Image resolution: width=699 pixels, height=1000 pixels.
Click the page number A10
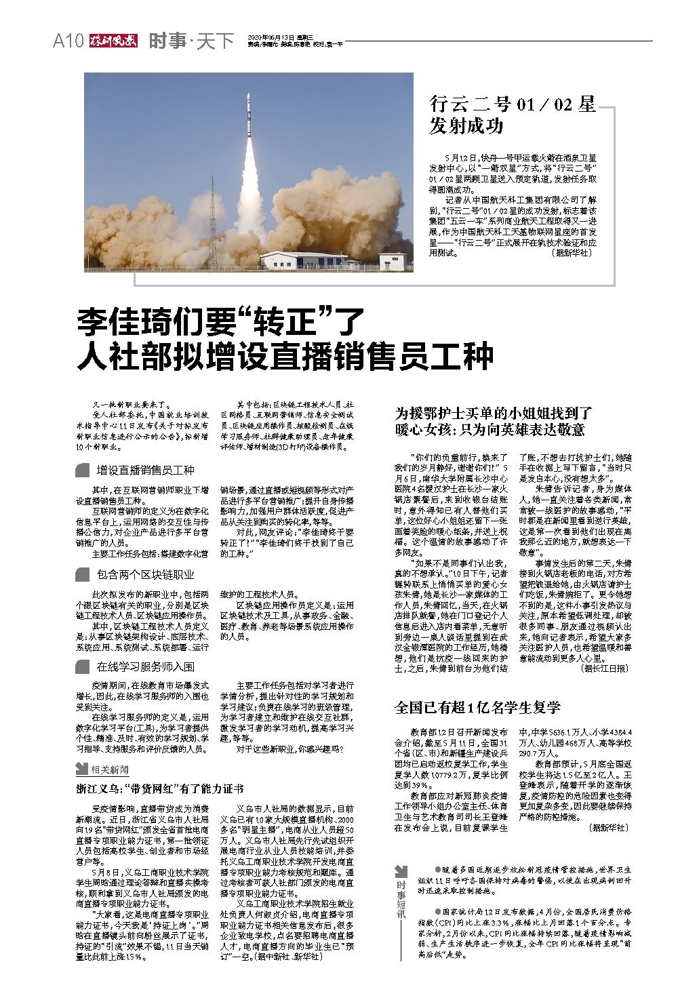[x=67, y=41]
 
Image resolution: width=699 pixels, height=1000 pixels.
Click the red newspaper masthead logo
[x=113, y=41]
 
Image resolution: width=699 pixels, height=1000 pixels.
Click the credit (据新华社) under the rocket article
[x=572, y=252]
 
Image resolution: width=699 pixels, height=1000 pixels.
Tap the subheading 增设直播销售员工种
[x=145, y=470]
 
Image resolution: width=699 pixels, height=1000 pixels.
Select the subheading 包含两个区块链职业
[x=145, y=575]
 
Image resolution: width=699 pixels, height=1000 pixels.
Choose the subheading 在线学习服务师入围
[x=145, y=666]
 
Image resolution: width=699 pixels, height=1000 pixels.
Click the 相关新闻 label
[x=110, y=769]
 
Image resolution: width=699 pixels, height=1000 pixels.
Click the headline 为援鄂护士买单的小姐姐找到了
[x=494, y=412]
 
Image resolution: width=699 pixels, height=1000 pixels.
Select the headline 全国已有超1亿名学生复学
[x=477, y=707]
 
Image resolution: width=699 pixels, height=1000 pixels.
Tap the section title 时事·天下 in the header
[x=191, y=41]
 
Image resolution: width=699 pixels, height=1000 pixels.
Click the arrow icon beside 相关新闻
[x=81, y=769]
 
